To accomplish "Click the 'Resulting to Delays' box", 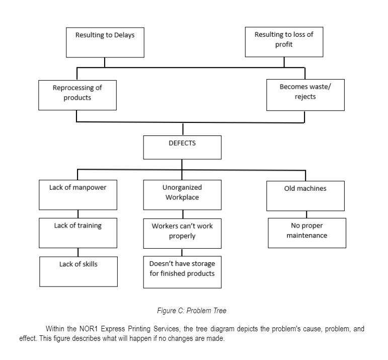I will click(105, 42).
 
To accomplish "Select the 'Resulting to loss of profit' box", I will click(284, 42).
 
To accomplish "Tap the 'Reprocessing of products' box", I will click(77, 95).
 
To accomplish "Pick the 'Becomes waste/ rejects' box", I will click(305, 94).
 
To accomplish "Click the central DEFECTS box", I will click(182, 148).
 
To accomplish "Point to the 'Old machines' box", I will click(305, 195).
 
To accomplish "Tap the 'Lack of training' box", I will click(77, 233).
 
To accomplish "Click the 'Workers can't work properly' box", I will click(182, 233).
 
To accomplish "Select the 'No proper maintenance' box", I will click(307, 233).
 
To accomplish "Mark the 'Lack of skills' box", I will click(79, 272).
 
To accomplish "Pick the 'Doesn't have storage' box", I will click(182, 272).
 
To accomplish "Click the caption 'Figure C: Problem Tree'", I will click(193, 311).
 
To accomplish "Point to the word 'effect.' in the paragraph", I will click(29, 338).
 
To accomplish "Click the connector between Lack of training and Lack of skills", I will click(77, 252).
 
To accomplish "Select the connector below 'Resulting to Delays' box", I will click(105, 62).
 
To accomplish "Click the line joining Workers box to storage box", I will click(182, 252).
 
